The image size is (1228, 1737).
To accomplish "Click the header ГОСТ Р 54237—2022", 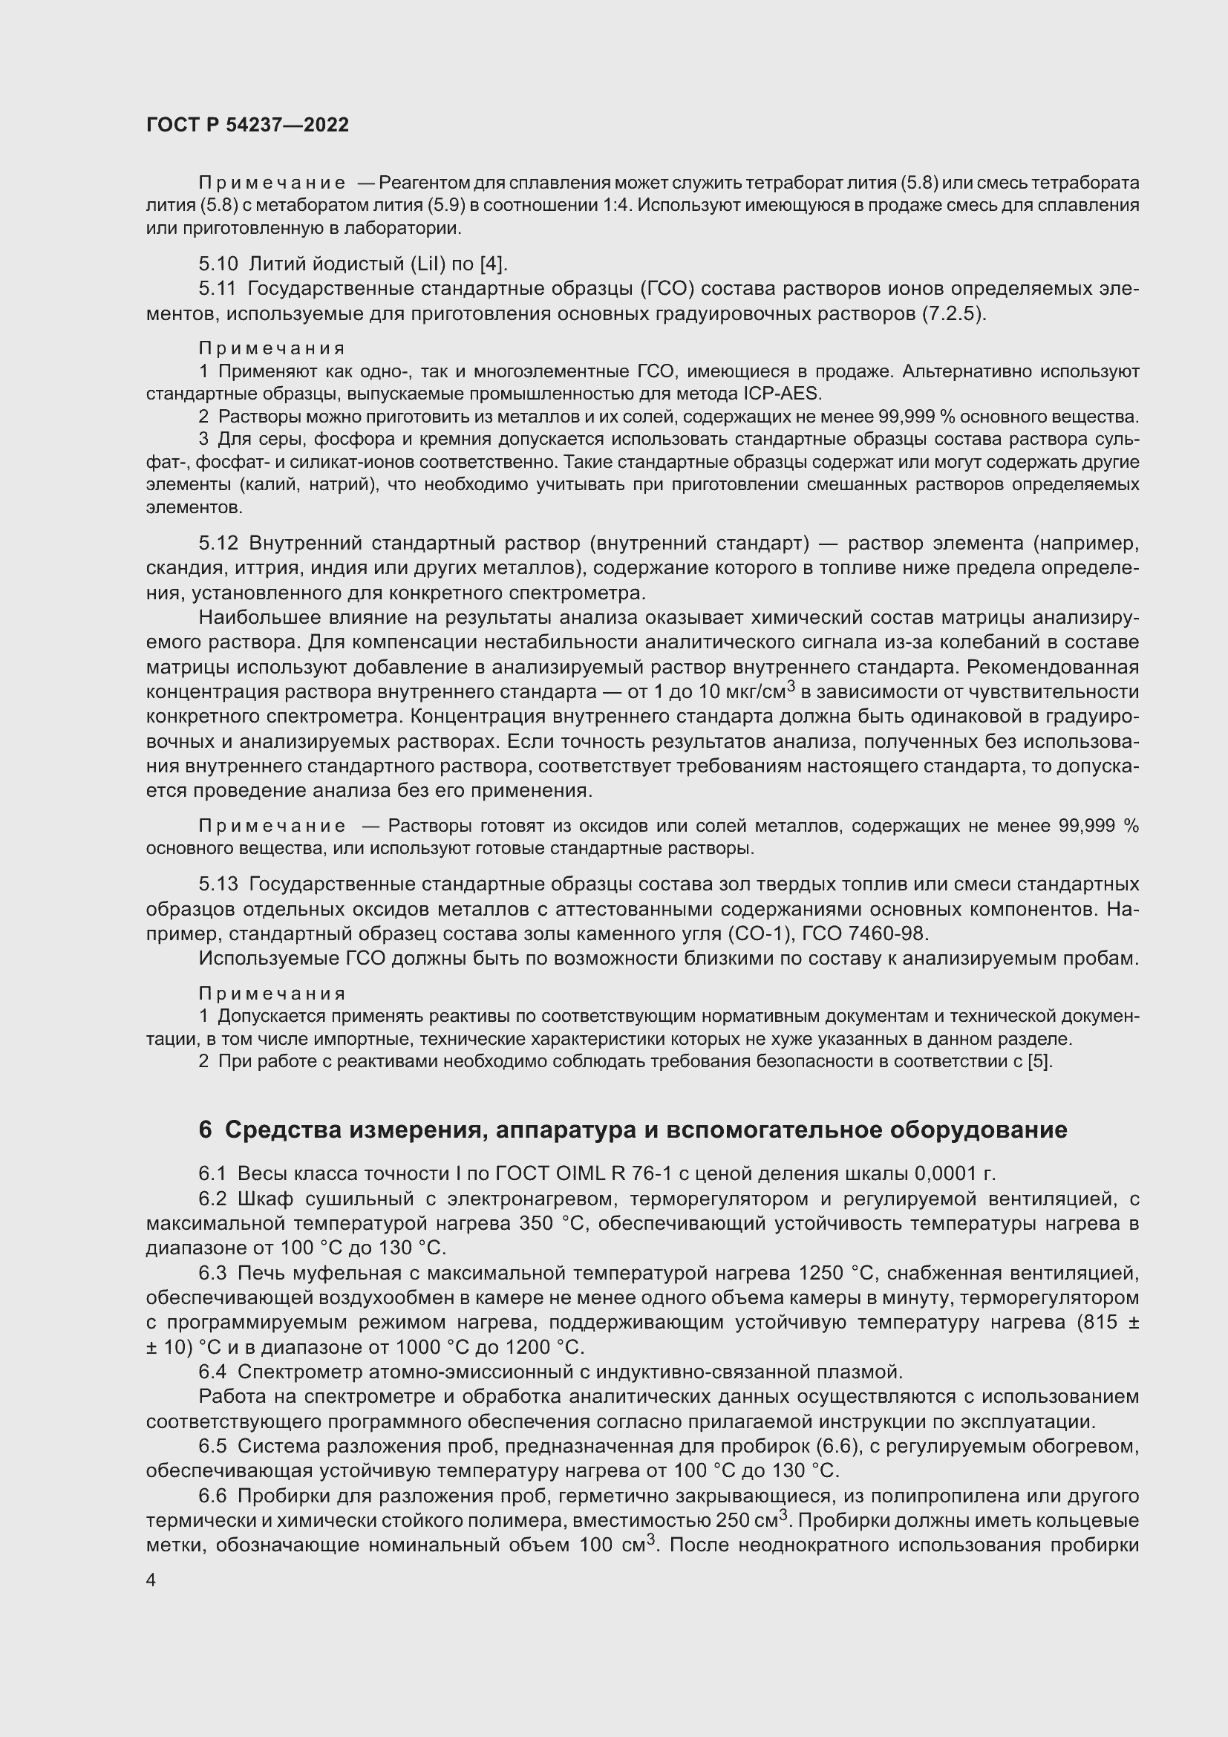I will point(247,125).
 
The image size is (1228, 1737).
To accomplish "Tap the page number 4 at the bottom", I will point(151,1580).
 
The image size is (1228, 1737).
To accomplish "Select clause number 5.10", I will point(218,264).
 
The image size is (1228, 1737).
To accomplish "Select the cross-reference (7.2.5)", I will point(953,313).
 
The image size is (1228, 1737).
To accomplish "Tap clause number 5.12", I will point(218,543).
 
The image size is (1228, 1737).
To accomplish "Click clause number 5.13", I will point(218,884).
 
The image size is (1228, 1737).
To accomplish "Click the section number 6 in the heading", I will point(205,1130).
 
